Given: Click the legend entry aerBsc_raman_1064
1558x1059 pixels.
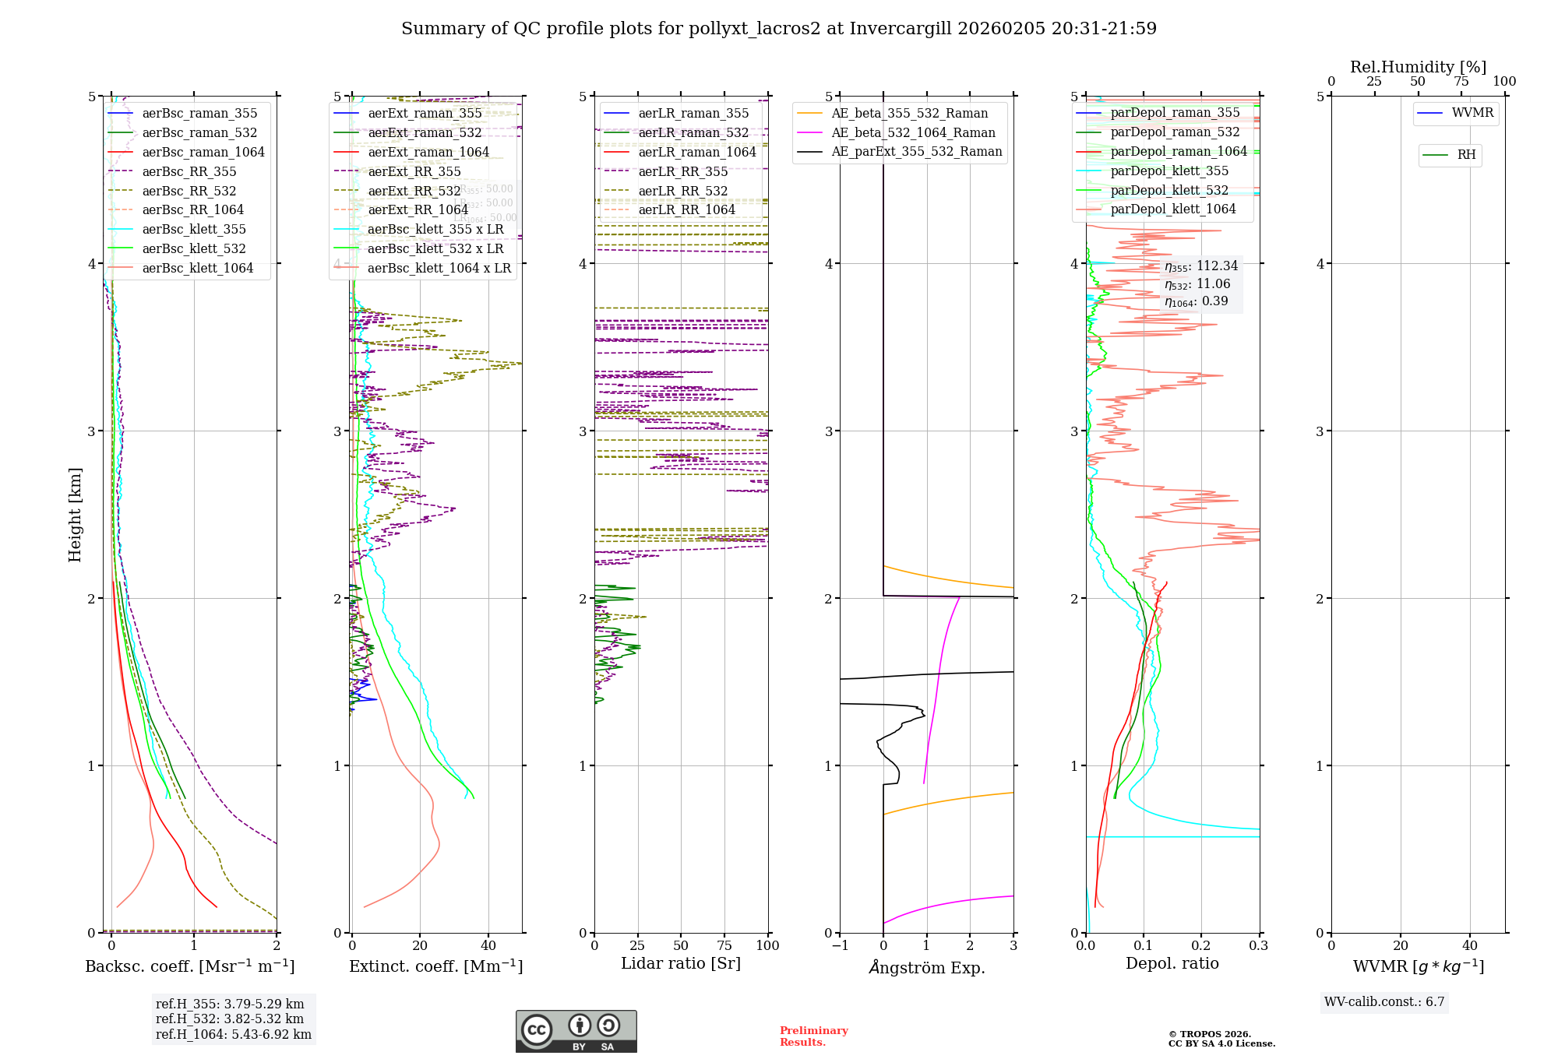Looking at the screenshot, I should (203, 153).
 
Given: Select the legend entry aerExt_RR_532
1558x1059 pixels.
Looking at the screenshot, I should (414, 191).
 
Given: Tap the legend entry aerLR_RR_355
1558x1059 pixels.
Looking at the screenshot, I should (682, 171).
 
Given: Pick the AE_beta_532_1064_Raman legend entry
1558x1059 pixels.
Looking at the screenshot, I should (913, 133).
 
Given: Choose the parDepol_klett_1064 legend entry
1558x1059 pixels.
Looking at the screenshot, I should (1172, 209).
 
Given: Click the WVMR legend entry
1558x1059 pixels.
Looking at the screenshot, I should (1472, 113).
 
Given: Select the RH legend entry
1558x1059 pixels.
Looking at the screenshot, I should (1466, 155).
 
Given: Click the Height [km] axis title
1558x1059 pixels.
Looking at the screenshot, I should (75, 515).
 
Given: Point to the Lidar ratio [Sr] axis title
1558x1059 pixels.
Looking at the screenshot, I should (680, 963).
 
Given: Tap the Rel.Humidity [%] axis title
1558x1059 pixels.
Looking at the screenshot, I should (1418, 67).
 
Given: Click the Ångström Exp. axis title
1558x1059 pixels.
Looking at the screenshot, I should (926, 967).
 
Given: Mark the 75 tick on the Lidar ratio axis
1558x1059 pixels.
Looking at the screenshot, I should (724, 945).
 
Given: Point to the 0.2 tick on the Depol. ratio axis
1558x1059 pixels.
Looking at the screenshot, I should (1201, 945).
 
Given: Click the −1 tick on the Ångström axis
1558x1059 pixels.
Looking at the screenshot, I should (840, 945).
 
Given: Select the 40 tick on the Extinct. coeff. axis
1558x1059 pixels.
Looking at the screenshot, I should (488, 945).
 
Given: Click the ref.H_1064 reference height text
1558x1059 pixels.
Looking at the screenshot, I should (233, 1035).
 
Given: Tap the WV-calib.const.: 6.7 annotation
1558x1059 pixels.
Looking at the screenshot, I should (1384, 1002).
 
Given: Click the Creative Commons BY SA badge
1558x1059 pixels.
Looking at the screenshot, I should (576, 1031).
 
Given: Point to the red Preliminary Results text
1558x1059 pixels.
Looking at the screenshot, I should (813, 1036).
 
